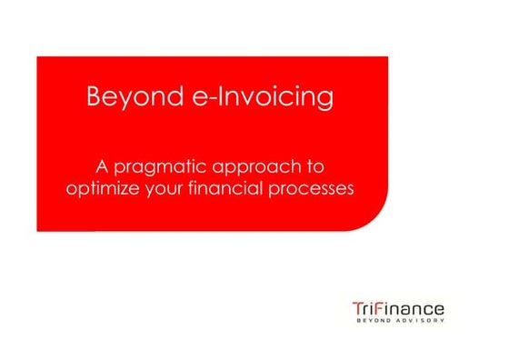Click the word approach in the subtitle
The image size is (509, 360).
point(258,168)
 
